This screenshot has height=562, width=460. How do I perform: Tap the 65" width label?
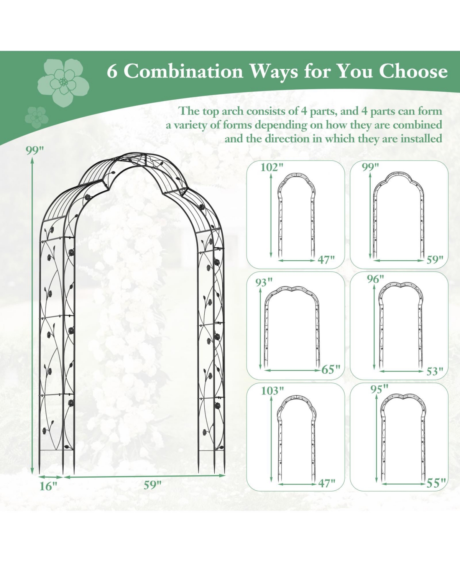coord(330,370)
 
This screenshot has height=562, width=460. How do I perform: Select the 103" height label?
coord(273,391)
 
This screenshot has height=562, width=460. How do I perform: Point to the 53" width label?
coord(434,371)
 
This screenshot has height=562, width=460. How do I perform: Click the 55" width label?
coord(436,483)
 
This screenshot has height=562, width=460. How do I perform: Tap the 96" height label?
coord(375,279)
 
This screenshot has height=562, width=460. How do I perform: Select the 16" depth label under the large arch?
coord(48,486)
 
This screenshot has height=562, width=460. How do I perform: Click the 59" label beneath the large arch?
coord(153,485)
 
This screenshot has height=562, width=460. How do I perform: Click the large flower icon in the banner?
coord(63,82)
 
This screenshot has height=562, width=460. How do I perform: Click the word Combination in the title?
coord(183,71)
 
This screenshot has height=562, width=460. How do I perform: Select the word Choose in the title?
coord(413,71)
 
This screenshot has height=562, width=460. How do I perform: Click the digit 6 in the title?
coord(112,71)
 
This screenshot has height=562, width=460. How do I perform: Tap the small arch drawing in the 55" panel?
coord(403,437)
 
